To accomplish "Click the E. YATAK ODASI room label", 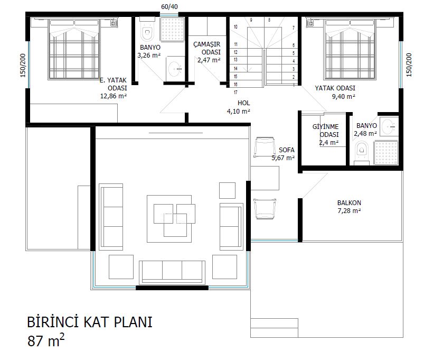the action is (x=114, y=84).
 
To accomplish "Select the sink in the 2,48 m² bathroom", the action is (x=389, y=126).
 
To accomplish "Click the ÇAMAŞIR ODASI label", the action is (x=207, y=48).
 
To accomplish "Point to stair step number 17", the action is (x=235, y=93).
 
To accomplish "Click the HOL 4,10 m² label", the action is (x=239, y=107).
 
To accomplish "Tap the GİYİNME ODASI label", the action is (x=326, y=131).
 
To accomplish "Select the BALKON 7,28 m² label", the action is (x=349, y=207).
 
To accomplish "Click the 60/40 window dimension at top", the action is (x=169, y=6).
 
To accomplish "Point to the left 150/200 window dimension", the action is (x=23, y=66).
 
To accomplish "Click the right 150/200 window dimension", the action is (x=409, y=65).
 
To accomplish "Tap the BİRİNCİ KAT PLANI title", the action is (x=90, y=322).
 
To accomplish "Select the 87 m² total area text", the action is (x=46, y=340).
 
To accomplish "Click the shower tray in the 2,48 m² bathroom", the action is (x=386, y=152).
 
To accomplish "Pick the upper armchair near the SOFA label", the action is (x=265, y=147).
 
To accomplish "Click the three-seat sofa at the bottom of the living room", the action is (x=172, y=272).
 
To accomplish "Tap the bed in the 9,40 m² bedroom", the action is (x=350, y=49).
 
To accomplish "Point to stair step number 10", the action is (x=235, y=27).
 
